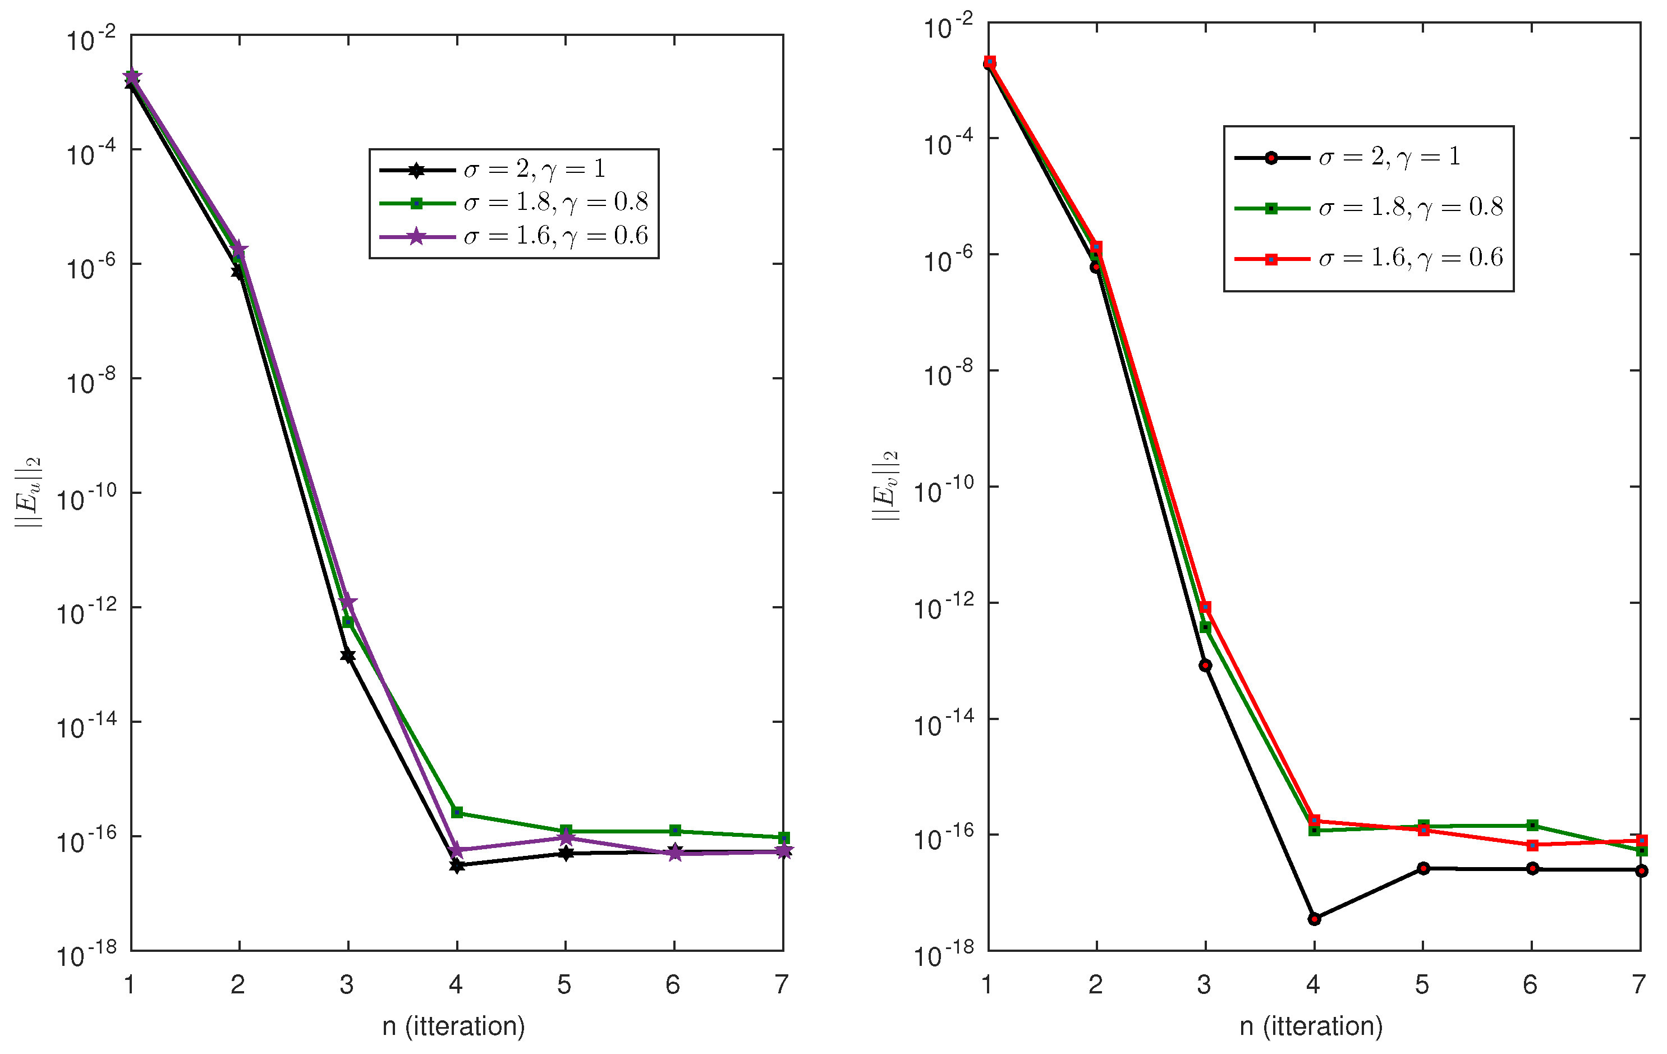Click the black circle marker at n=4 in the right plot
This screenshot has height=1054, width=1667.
click(x=1314, y=919)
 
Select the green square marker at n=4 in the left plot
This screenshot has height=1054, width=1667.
click(x=457, y=812)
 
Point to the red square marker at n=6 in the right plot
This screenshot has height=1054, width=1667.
click(x=1532, y=845)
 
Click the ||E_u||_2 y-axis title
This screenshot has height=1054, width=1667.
click(x=29, y=492)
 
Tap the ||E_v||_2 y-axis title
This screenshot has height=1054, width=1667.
click(x=885, y=485)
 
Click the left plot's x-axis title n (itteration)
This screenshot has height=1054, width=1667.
click(x=453, y=1025)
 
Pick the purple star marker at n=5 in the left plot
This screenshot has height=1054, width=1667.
click(x=566, y=838)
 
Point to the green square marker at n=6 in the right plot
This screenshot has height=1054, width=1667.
click(x=1532, y=825)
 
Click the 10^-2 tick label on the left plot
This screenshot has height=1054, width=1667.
click(x=90, y=39)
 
